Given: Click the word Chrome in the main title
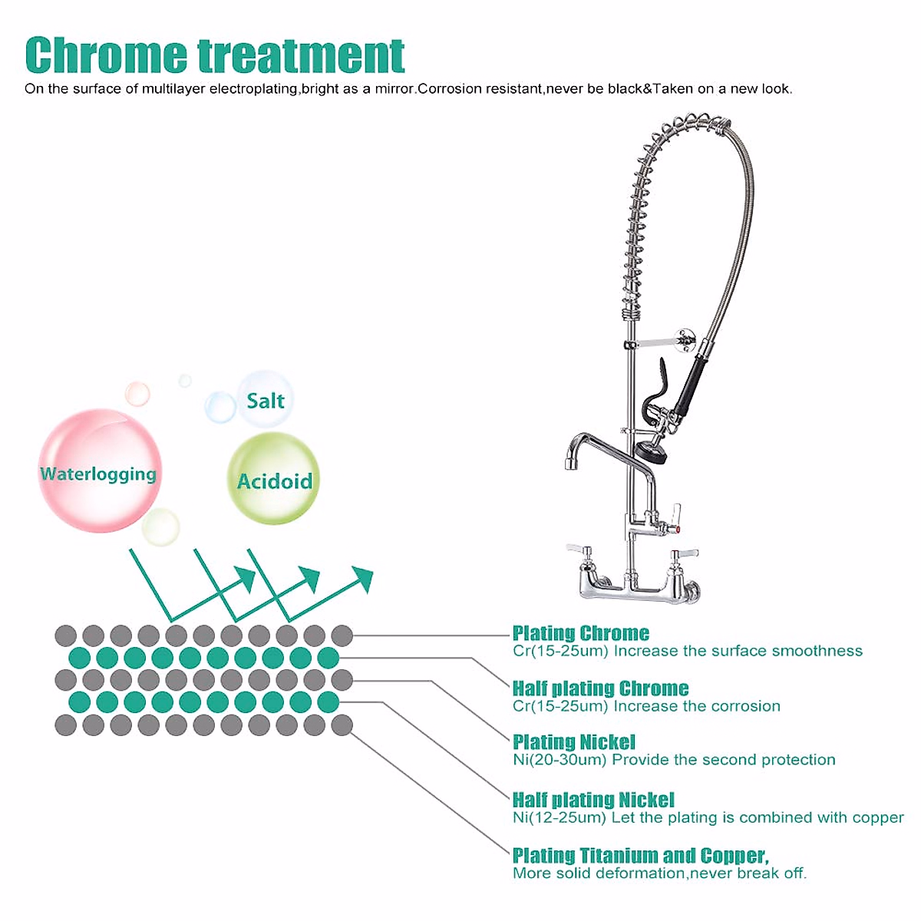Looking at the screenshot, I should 105,54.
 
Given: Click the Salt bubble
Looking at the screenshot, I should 265,400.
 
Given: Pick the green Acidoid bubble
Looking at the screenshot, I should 274,480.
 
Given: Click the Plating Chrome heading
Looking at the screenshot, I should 580,633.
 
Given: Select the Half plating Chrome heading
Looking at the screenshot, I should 600,688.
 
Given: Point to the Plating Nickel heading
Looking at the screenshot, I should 573,741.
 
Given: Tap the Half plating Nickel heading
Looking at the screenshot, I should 593,799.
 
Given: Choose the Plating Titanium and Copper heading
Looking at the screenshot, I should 640,855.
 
